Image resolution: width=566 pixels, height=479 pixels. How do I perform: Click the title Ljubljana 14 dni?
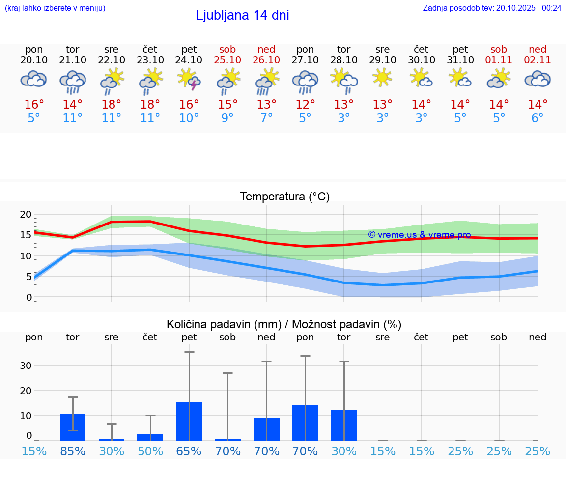pos(242,15)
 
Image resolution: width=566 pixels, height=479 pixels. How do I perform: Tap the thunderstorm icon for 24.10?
pos(189,80)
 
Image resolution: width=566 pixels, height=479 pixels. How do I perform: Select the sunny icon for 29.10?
pos(382,78)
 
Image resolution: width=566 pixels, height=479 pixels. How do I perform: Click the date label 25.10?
pos(227,60)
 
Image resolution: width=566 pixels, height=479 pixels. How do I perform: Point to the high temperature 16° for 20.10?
pos(34,104)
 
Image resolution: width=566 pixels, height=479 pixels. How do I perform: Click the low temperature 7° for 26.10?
pos(266,118)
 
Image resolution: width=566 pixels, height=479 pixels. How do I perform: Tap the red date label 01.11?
pos(499,60)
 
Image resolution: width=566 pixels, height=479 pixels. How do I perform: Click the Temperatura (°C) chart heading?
pos(284,197)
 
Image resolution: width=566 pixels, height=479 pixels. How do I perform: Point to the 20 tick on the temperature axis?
pos(26,214)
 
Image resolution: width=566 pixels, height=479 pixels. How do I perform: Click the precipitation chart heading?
pos(284,324)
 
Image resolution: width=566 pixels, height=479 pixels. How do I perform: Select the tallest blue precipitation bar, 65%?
pos(189,422)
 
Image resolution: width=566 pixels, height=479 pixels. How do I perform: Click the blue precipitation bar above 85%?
pos(73,427)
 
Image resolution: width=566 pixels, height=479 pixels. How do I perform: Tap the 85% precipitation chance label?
pos(73,451)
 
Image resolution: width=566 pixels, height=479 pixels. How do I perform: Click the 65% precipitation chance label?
pos(189,451)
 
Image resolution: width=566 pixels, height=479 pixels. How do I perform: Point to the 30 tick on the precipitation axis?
pos(26,366)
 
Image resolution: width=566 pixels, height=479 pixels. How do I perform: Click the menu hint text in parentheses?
pos(55,8)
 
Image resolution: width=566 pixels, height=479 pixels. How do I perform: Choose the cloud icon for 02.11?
pos(538,79)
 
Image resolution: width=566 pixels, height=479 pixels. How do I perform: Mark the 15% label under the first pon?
pos(34,451)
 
